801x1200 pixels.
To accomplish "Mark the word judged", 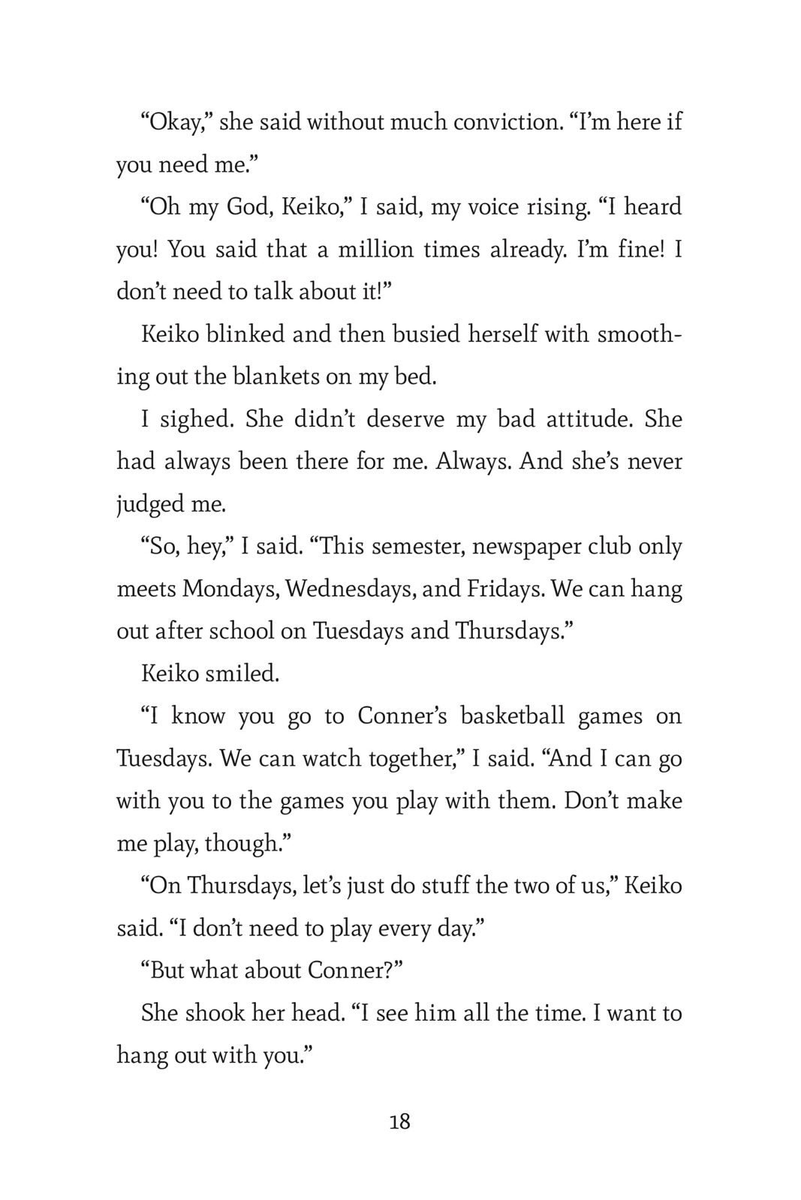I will click(149, 504).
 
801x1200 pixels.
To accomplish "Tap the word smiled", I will click(242, 673).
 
